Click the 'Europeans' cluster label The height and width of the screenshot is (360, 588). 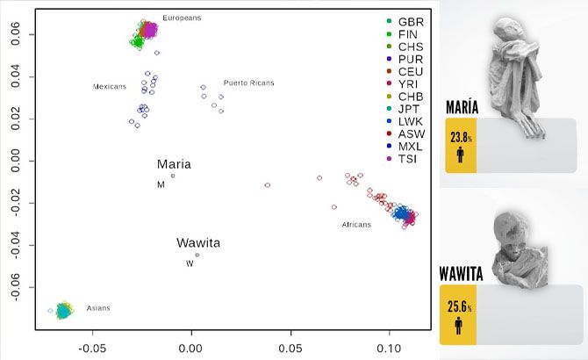182,18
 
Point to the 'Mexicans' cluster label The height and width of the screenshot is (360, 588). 111,87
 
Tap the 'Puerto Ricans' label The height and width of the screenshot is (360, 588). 248,83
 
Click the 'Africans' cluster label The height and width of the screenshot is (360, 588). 356,225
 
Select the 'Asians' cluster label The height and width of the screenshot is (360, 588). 98,308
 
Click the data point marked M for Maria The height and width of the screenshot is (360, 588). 173,176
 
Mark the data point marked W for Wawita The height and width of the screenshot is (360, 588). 197,255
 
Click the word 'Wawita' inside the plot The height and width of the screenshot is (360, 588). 197,242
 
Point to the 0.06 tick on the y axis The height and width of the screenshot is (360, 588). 18,35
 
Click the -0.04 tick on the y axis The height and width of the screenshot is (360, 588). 18,245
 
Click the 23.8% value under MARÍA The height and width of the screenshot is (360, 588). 462,138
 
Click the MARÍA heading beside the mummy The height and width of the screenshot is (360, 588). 462,107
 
